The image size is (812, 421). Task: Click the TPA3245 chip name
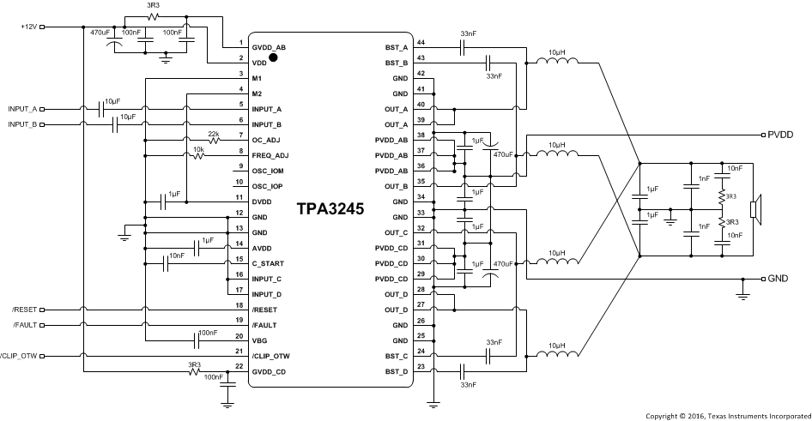point(330,208)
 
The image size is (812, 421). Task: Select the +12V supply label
point(30,27)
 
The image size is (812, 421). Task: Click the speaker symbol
point(754,208)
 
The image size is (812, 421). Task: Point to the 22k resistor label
point(214,133)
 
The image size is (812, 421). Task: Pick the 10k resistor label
point(197,148)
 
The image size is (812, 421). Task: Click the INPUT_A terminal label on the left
point(23,110)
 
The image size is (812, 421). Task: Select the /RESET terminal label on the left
point(26,310)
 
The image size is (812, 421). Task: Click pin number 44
point(421,42)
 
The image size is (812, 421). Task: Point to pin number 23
point(421,367)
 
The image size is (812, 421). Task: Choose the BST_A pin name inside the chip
point(397,48)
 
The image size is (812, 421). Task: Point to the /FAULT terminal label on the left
point(26,325)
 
